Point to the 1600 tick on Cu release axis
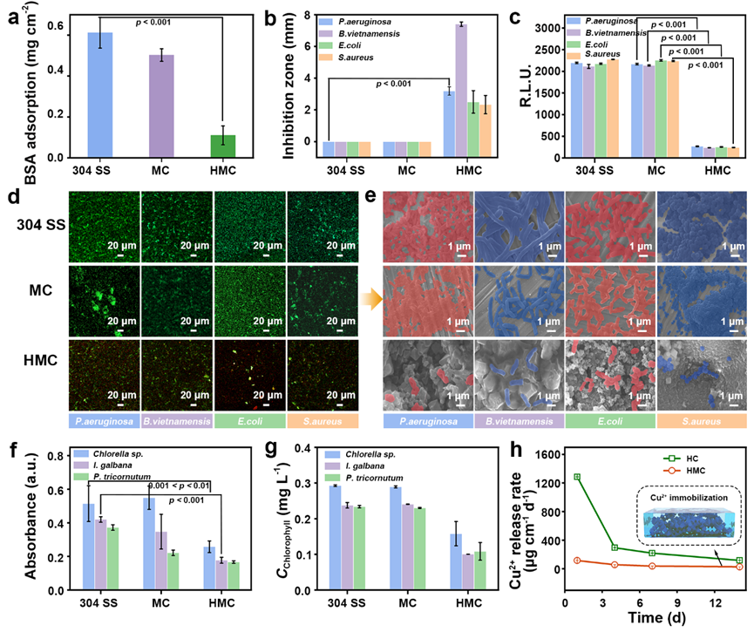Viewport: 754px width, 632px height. tap(568, 455)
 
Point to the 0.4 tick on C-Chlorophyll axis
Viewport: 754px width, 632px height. tap(318, 449)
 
